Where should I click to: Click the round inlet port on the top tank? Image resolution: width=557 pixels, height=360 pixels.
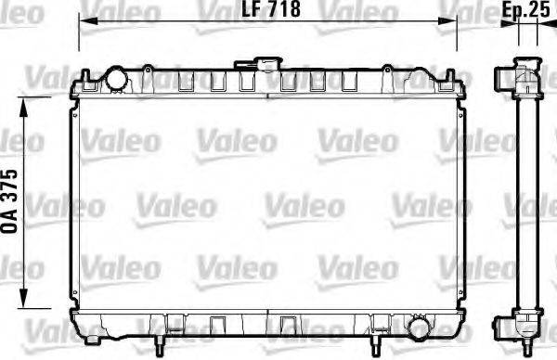pyautogui.click(x=117, y=80)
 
